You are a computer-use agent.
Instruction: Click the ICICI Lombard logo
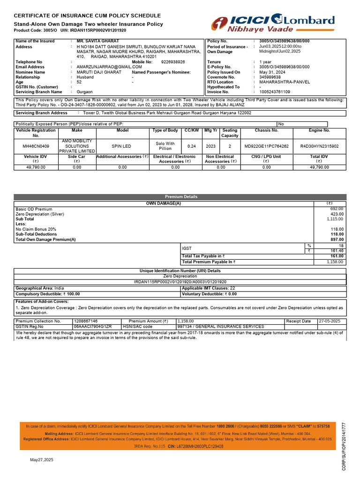click(x=273, y=23)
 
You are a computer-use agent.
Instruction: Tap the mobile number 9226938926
click(x=173, y=62)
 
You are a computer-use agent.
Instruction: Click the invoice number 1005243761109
click(x=275, y=92)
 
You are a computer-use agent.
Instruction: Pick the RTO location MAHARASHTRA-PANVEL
click(x=285, y=82)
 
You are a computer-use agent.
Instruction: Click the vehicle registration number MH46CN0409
click(x=36, y=146)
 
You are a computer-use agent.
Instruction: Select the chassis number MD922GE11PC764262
click(x=267, y=146)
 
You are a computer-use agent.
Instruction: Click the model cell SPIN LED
click(x=121, y=146)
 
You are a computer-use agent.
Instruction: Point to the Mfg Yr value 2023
click(x=211, y=146)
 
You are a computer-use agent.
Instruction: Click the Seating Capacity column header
click(x=230, y=133)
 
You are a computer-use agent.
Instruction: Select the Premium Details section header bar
click(x=180, y=197)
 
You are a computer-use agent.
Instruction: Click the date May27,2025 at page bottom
click(x=42, y=460)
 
